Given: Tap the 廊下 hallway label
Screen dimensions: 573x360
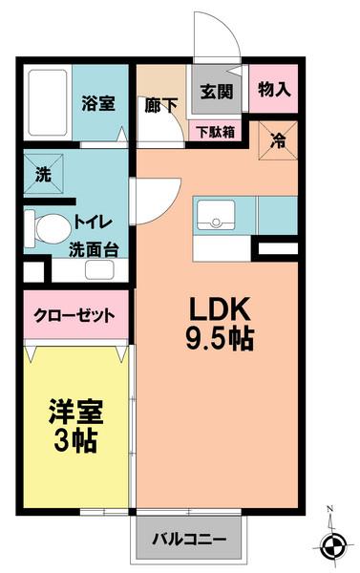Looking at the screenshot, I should pyautogui.click(x=161, y=105).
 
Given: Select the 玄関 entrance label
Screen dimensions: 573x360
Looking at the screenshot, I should pyautogui.click(x=216, y=93).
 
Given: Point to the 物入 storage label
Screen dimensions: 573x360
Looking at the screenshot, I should pyautogui.click(x=274, y=90).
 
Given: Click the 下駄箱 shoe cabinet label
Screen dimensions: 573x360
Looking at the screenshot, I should pyautogui.click(x=216, y=131).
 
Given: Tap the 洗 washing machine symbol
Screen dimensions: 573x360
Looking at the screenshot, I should pyautogui.click(x=44, y=176).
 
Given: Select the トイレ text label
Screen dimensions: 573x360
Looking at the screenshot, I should pyautogui.click(x=95, y=228).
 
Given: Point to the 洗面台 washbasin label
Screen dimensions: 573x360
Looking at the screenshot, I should pyautogui.click(x=94, y=251).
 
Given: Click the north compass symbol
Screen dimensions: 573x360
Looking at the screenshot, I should pyautogui.click(x=332, y=547).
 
